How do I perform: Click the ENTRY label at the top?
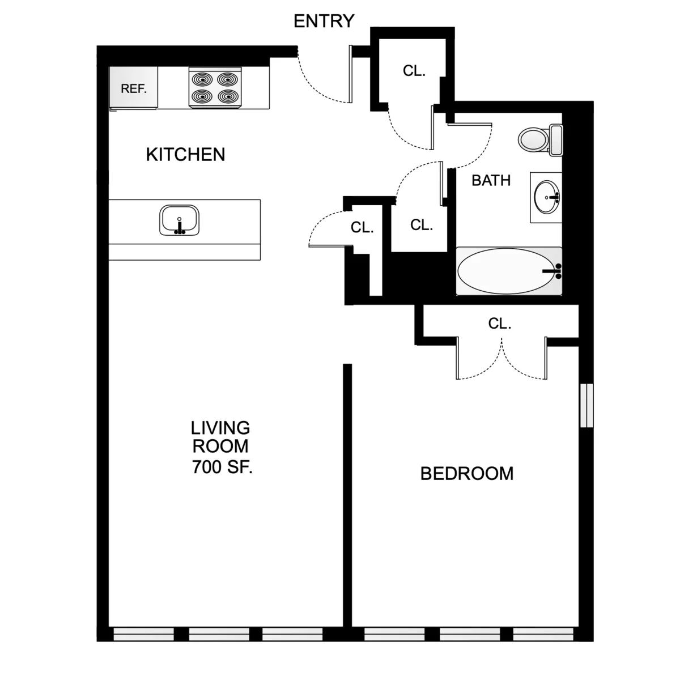point(324,21)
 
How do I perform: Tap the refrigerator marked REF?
point(133,88)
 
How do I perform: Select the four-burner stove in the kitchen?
point(215,88)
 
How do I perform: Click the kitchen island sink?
point(180,220)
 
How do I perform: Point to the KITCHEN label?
point(185,155)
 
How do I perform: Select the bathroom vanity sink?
point(546,197)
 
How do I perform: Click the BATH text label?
point(491,181)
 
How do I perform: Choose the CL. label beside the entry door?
point(414,71)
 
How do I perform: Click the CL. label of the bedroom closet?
point(499,324)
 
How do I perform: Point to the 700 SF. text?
point(222,468)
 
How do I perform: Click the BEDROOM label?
point(466,474)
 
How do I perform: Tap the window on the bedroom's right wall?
point(586,405)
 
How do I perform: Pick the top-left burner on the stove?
point(201,78)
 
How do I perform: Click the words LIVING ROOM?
point(220,437)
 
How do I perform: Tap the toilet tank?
point(556,140)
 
